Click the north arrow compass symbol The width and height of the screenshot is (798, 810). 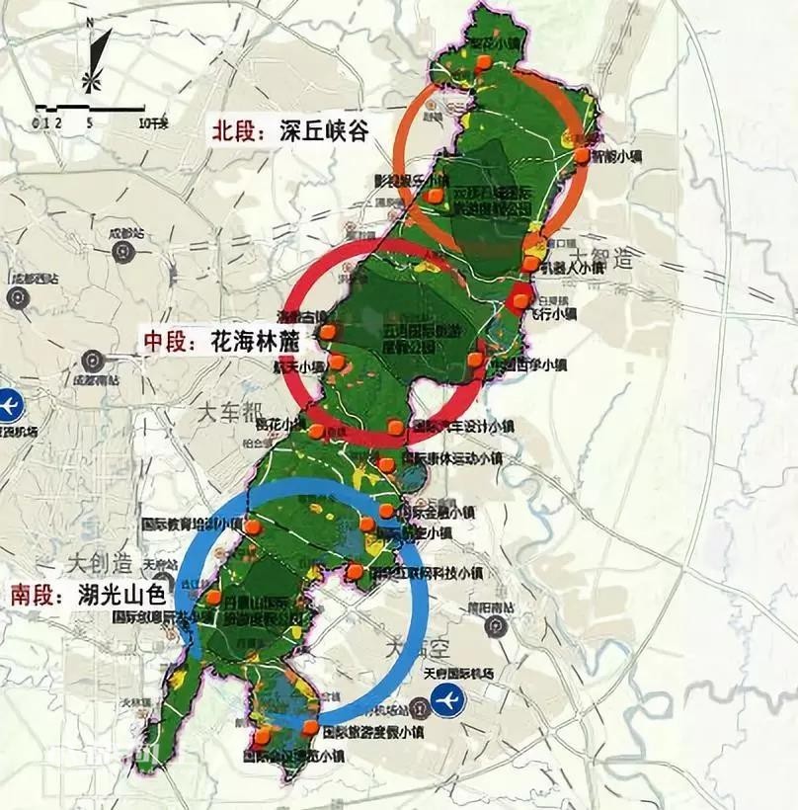[92, 61]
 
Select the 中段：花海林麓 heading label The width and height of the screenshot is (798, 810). [218, 342]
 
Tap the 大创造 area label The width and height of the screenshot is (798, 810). [100, 564]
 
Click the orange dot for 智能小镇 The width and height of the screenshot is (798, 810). [582, 156]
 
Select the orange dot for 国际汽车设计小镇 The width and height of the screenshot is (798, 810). [396, 428]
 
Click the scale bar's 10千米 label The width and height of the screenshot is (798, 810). [154, 123]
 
